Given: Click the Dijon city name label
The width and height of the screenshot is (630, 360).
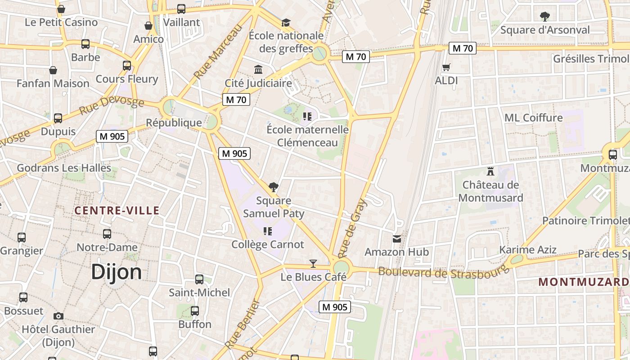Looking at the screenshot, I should click(116, 272).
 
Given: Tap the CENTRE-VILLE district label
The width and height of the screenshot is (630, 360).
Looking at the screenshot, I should click(117, 210).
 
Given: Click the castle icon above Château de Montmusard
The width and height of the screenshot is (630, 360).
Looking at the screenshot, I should click(490, 171).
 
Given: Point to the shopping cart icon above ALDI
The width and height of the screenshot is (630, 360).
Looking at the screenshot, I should click(446, 67).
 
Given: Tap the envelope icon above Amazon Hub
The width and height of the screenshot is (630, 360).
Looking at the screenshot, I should click(396, 238).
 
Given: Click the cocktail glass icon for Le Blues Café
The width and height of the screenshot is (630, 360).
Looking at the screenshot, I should click(313, 264).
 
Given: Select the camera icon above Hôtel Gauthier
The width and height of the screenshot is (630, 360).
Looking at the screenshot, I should click(58, 316).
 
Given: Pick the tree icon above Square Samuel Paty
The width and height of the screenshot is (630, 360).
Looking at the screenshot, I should click(273, 187).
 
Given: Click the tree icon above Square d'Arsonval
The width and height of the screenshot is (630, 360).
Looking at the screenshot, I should click(545, 17).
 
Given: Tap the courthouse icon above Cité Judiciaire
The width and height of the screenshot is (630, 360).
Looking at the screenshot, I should click(258, 70).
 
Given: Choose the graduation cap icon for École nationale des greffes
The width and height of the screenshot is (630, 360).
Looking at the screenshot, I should click(286, 22).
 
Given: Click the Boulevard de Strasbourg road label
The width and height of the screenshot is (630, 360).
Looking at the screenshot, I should click(443, 272).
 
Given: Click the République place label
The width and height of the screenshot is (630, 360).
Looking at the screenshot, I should click(174, 122).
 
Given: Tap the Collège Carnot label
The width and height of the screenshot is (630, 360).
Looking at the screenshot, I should click(268, 244).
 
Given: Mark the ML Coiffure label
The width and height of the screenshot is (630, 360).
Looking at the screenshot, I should click(533, 117).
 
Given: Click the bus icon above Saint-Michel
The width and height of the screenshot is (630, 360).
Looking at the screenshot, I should click(199, 279).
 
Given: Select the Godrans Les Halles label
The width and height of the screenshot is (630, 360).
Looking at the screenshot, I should click(64, 168).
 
